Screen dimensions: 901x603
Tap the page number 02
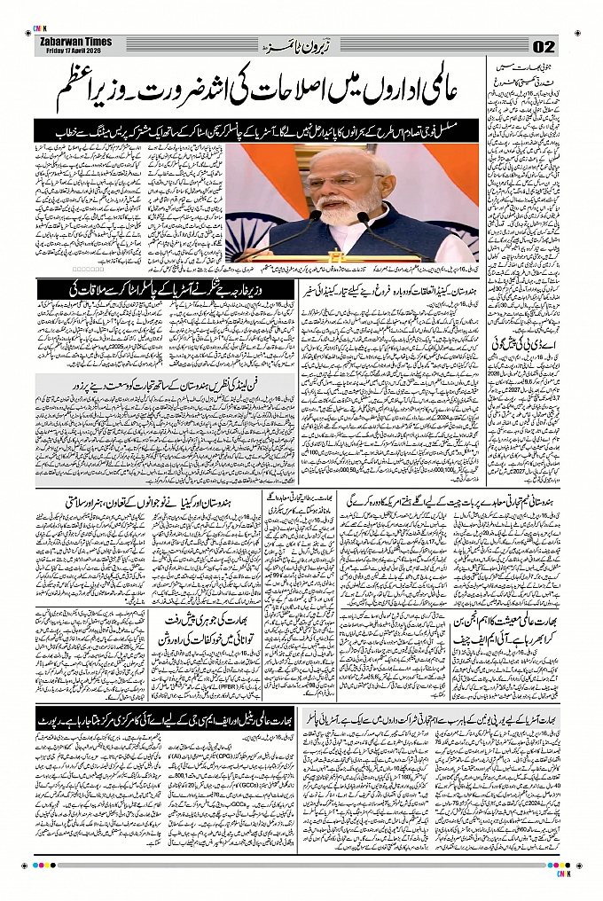pos(544,47)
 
